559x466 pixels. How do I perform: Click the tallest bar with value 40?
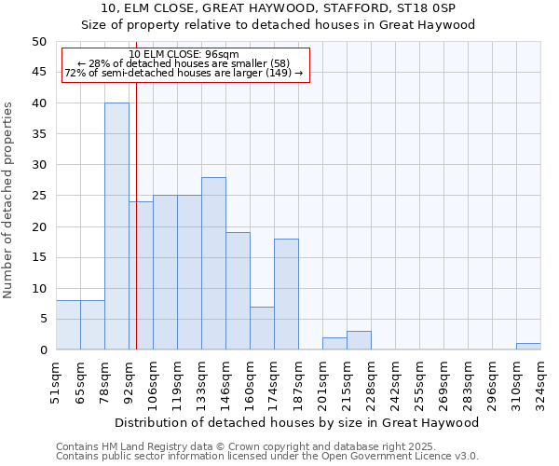[x=116, y=226]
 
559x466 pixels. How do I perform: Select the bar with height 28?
[x=213, y=264]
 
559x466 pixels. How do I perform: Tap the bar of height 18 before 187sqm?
[x=286, y=295]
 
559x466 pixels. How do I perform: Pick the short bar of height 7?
[x=262, y=328]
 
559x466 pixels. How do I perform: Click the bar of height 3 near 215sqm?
[x=359, y=340]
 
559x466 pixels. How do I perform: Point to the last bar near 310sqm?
[x=528, y=347]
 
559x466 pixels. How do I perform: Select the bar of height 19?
[x=238, y=291]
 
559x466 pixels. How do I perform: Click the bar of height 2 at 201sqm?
[x=334, y=344]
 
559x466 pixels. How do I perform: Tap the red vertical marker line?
[x=136, y=233]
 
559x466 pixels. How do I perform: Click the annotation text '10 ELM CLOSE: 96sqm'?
[x=184, y=54]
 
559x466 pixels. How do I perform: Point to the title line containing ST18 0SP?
[x=279, y=9]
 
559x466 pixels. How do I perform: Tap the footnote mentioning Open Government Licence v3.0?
[x=267, y=456]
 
